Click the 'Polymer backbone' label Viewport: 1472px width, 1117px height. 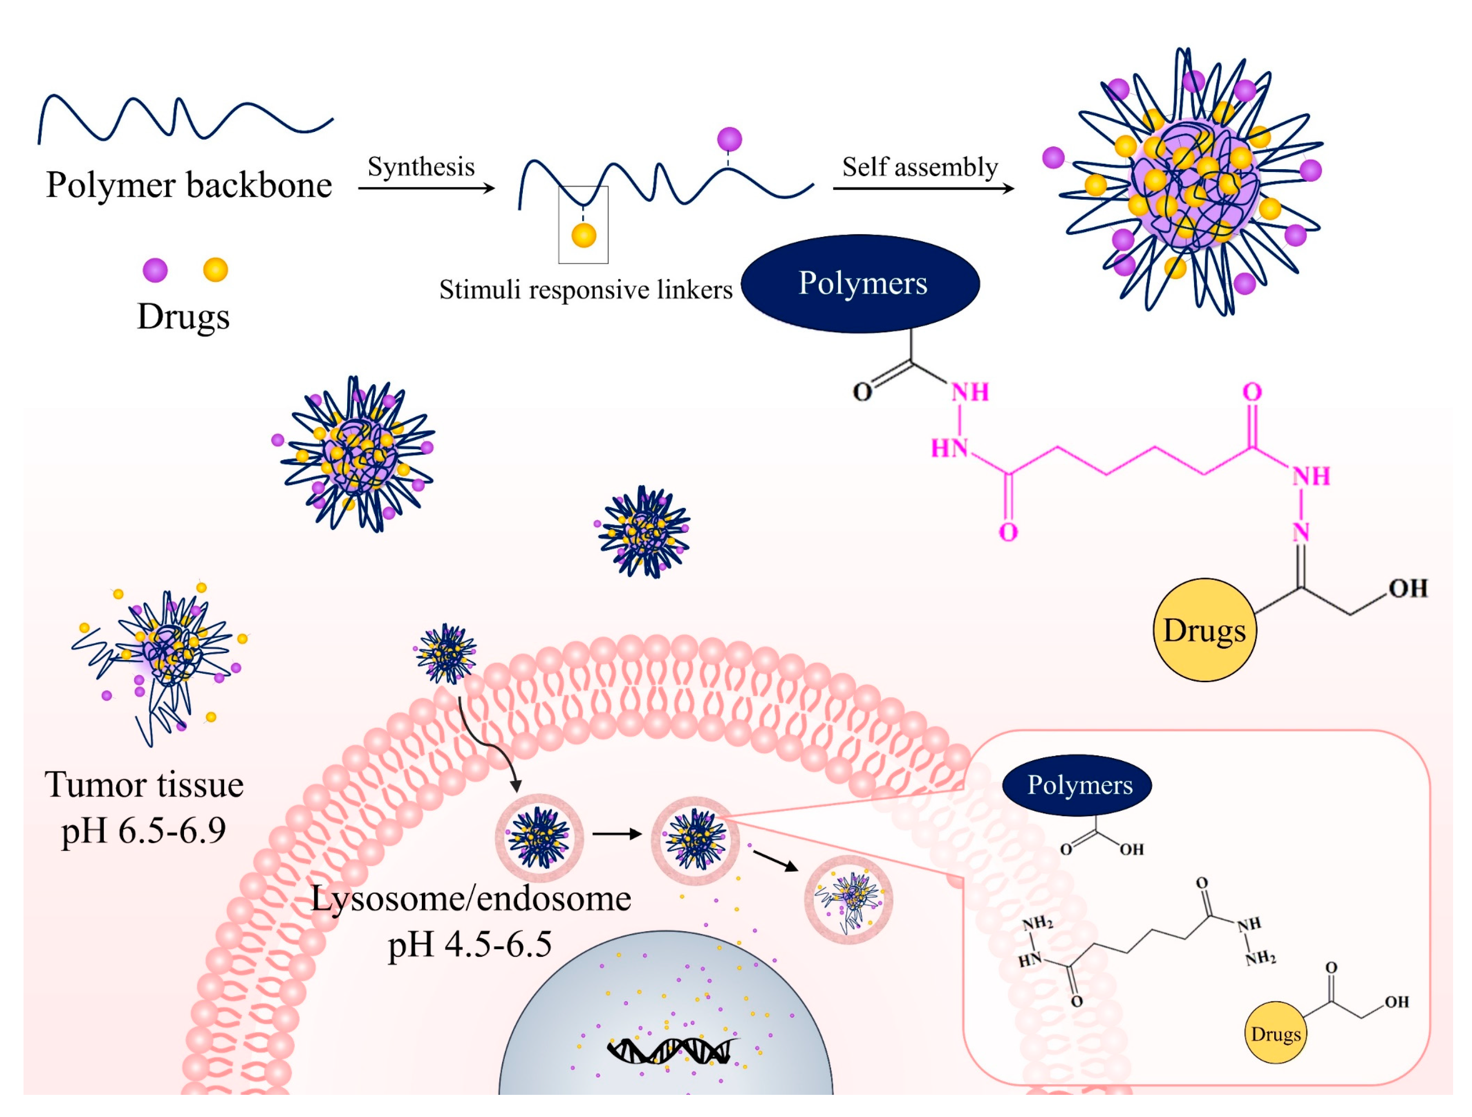(x=189, y=184)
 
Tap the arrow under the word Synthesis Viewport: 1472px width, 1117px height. (x=426, y=188)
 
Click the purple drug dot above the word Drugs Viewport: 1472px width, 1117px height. (x=155, y=270)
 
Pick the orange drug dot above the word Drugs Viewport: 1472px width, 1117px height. (x=215, y=270)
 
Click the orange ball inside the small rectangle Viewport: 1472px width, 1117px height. (x=584, y=235)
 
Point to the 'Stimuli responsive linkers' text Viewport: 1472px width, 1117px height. (x=585, y=290)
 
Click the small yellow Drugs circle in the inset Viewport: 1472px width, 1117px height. (x=1274, y=1034)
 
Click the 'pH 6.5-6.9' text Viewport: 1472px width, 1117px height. (x=144, y=830)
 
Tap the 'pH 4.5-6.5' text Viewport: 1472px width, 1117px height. (x=470, y=944)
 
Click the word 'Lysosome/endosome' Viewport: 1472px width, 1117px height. (x=471, y=899)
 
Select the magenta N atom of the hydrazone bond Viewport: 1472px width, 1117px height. (x=1301, y=531)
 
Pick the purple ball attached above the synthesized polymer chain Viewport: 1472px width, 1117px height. (x=729, y=139)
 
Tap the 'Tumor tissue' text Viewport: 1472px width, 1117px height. (x=144, y=785)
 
